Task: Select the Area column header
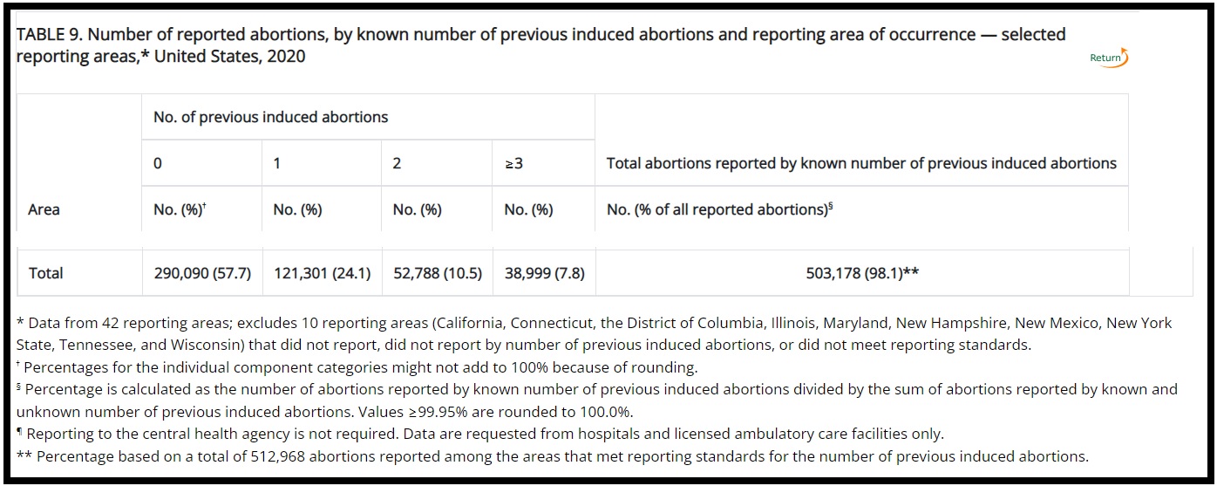click(x=44, y=209)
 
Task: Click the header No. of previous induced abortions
click(x=270, y=117)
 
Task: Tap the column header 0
click(x=158, y=163)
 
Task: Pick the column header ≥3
click(x=513, y=163)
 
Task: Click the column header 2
click(x=397, y=163)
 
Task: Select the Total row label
click(x=46, y=273)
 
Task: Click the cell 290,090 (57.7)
click(x=201, y=273)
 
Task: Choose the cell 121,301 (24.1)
click(x=322, y=273)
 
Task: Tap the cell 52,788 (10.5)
click(x=437, y=273)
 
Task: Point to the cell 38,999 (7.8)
click(x=544, y=273)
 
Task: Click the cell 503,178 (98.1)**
click(x=862, y=273)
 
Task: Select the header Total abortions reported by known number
click(x=860, y=163)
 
